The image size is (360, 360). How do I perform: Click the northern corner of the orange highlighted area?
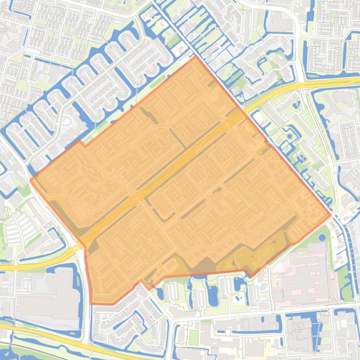[195, 57]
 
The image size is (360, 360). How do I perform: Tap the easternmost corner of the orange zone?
[331, 215]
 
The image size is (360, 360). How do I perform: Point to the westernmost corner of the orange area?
[30, 180]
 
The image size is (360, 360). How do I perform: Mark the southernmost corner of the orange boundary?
[92, 303]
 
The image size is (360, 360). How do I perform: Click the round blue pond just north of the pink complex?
[322, 237]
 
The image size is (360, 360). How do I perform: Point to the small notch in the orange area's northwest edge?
[81, 142]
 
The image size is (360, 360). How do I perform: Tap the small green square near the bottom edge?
[194, 336]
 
